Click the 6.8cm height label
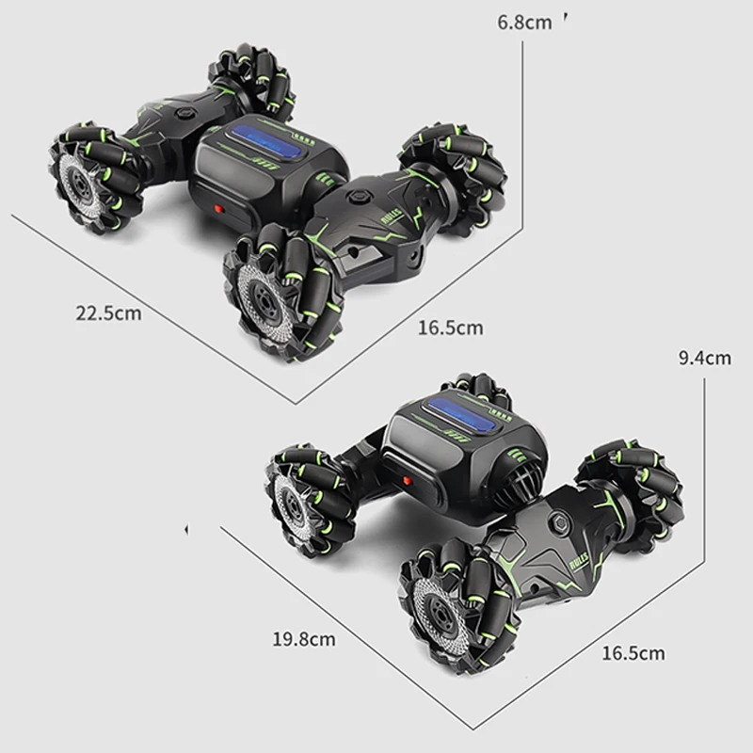pyautogui.click(x=525, y=22)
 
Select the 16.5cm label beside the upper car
pyautogui.click(x=450, y=328)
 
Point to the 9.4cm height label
pyautogui.click(x=704, y=357)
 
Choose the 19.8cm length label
pyautogui.click(x=303, y=639)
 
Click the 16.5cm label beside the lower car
pyautogui.click(x=633, y=652)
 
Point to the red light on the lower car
pyautogui.click(x=408, y=480)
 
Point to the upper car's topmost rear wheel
pyautogui.click(x=251, y=80)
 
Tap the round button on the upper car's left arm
pyautogui.click(x=184, y=110)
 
